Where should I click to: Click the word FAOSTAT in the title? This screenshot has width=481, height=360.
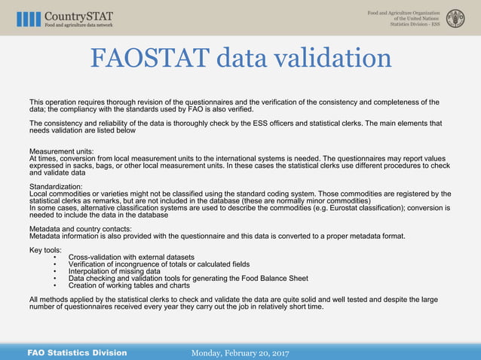(x=150, y=58)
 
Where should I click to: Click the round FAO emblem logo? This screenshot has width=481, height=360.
(x=455, y=19)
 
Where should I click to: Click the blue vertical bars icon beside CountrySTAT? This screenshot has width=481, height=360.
(x=29, y=19)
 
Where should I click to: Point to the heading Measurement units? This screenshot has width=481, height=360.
(x=61, y=151)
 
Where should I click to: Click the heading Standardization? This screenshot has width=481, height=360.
(x=56, y=185)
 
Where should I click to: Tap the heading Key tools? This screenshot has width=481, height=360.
(x=45, y=249)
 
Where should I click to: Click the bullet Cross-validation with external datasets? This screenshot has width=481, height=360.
(x=131, y=257)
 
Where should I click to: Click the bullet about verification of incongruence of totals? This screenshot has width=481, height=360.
(x=159, y=264)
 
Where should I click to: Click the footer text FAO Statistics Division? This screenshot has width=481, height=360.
(x=77, y=352)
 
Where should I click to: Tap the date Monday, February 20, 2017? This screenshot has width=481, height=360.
(x=240, y=352)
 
